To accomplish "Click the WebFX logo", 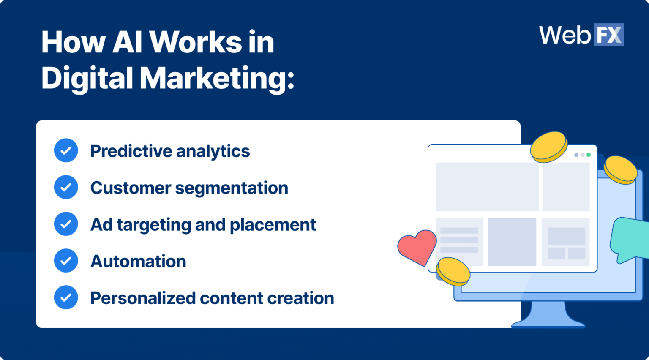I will pyautogui.click(x=581, y=35).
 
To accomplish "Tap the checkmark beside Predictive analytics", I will pyautogui.click(x=66, y=150).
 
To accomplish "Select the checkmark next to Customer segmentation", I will pyautogui.click(x=66, y=187).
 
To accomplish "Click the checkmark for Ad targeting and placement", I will pyautogui.click(x=66, y=224).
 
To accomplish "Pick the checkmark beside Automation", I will pyautogui.click(x=66, y=261).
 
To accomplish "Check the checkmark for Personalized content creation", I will pyautogui.click(x=66, y=297).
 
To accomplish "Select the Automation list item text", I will pyautogui.click(x=138, y=262).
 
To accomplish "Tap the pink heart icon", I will pyautogui.click(x=417, y=247).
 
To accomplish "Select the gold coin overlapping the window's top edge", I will pyautogui.click(x=548, y=146).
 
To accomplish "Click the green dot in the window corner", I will pyautogui.click(x=589, y=155).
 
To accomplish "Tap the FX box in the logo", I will pyautogui.click(x=609, y=35).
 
